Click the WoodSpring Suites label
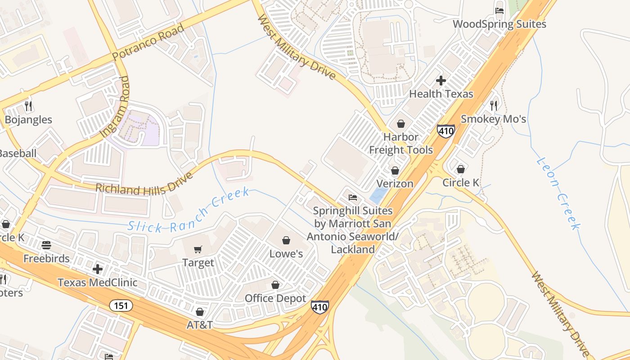tap(499, 24)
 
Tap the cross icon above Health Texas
tap(441, 81)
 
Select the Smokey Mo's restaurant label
tap(493, 119)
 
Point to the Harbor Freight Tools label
tap(401, 144)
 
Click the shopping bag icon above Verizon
tap(395, 171)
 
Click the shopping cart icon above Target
tap(198, 249)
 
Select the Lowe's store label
tap(286, 254)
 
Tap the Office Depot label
tap(275, 298)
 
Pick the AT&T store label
tap(200, 324)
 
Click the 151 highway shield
tap(121, 306)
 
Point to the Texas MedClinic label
tap(97, 283)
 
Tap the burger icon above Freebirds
tap(46, 245)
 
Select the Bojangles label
tap(28, 120)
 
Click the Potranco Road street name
tap(148, 42)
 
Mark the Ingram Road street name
tap(114, 107)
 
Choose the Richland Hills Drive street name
tap(144, 184)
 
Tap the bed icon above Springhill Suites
tap(353, 198)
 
